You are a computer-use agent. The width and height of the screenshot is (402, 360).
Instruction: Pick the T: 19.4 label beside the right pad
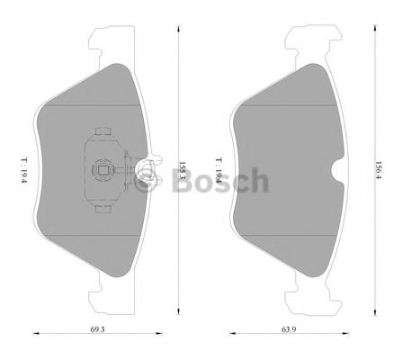click(x=219, y=166)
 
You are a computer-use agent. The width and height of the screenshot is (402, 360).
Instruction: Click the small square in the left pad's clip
click(x=102, y=167)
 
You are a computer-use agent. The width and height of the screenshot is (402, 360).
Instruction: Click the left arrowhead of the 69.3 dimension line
click(x=37, y=334)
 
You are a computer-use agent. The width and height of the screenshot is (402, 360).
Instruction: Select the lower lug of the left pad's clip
click(x=103, y=210)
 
